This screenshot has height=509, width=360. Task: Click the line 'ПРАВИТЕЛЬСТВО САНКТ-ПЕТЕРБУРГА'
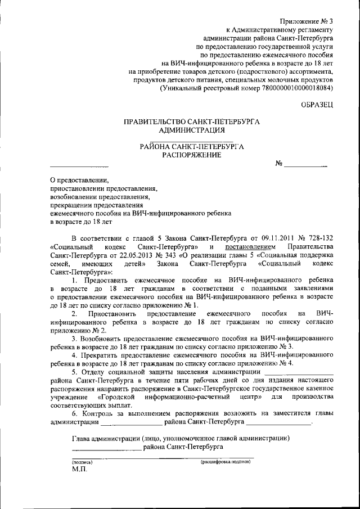[x=192, y=122]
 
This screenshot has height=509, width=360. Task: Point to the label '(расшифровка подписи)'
[x=225, y=461]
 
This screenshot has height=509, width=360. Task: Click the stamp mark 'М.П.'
[x=80, y=469]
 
